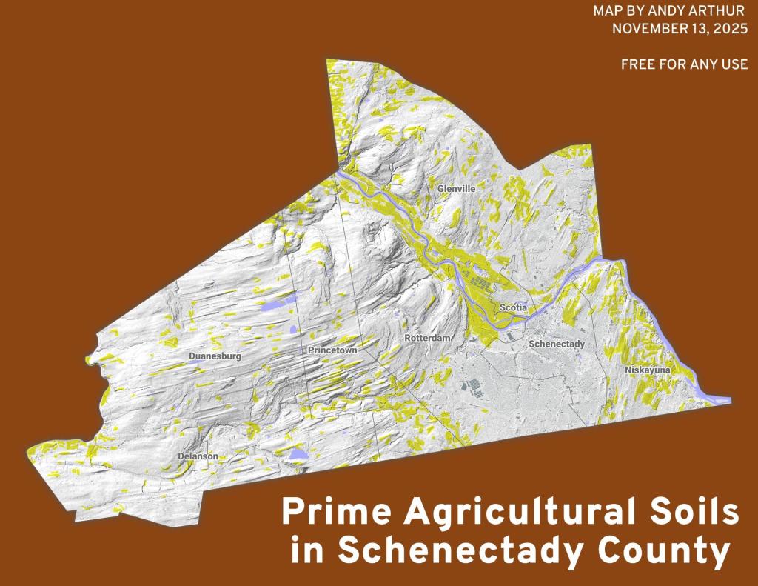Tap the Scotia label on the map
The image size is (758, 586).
[x=513, y=307]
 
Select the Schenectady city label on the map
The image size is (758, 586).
[x=557, y=344]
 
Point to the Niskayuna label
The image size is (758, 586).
[x=647, y=369]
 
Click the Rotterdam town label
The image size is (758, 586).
[x=428, y=338]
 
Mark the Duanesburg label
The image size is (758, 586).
[x=215, y=356]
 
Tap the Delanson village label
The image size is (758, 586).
[x=198, y=456]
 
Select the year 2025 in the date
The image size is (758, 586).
[x=728, y=30]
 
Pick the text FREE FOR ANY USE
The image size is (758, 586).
[x=684, y=64]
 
